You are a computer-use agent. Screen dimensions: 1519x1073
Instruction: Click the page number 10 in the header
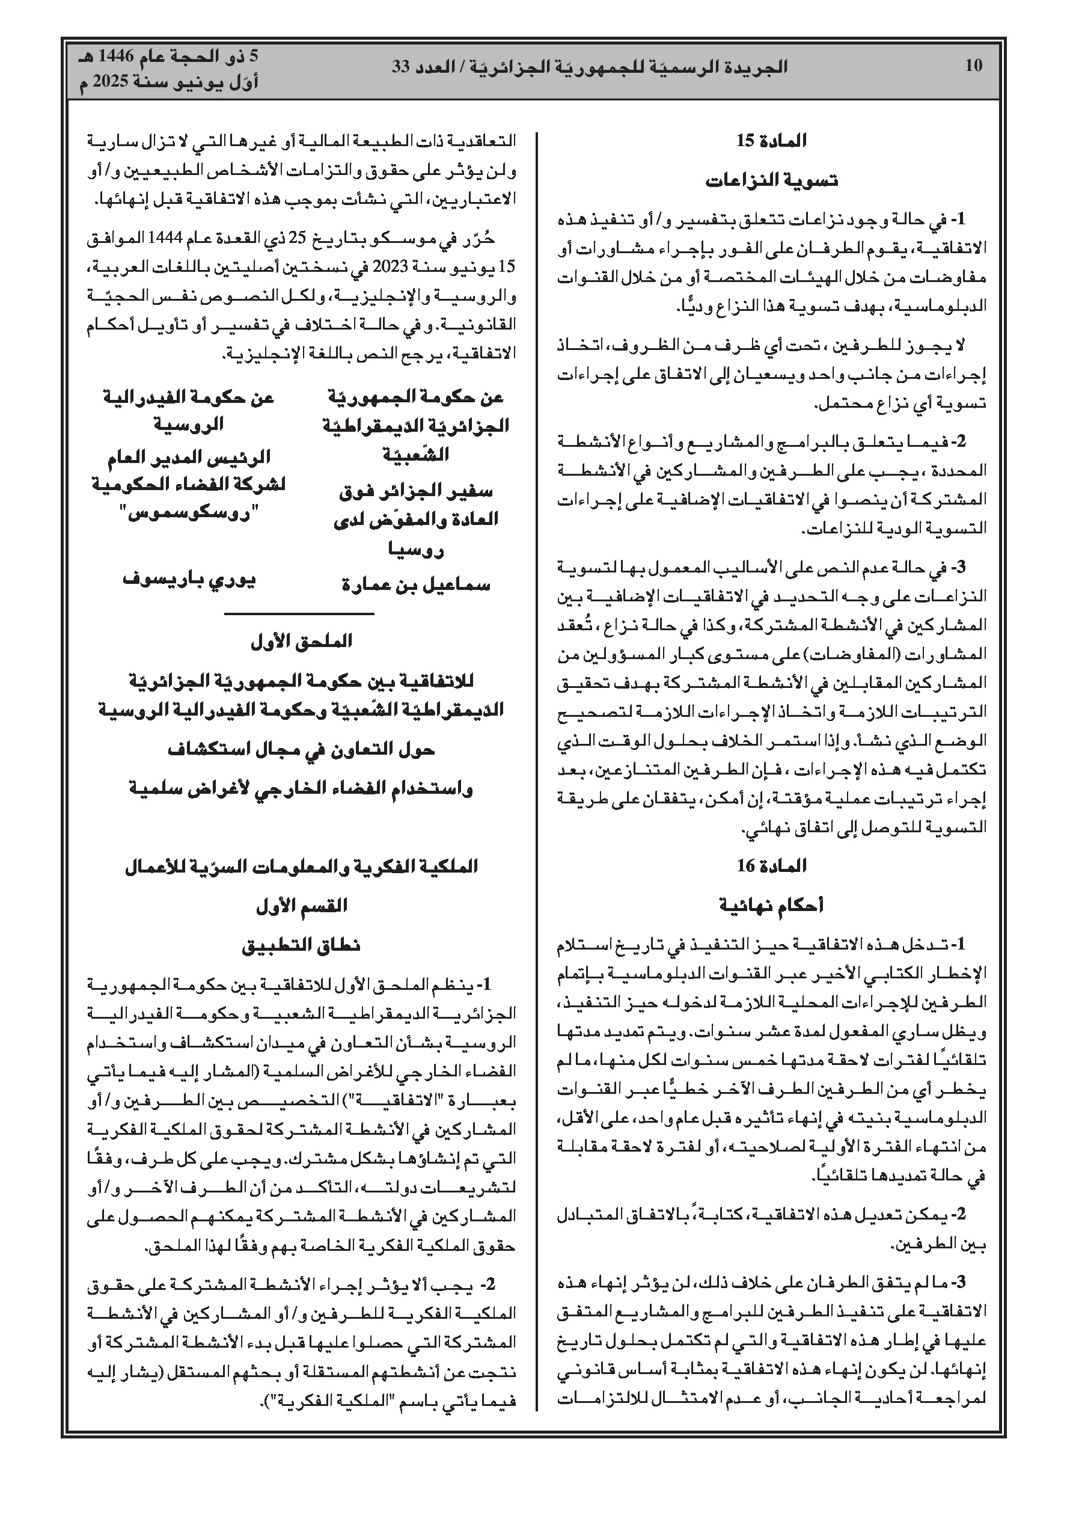973,66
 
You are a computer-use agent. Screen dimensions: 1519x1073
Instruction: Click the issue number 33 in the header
402,67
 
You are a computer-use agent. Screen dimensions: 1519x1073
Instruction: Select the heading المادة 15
771,141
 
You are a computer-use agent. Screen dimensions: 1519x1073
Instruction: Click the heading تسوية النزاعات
771,180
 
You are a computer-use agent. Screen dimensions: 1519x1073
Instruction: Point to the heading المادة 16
771,865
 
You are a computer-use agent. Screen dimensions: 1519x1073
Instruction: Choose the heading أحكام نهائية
771,906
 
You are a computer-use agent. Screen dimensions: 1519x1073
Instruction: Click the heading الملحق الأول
301,641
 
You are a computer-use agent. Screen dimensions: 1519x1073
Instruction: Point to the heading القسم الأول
301,906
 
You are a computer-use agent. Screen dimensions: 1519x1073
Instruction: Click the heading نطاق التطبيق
301,945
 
